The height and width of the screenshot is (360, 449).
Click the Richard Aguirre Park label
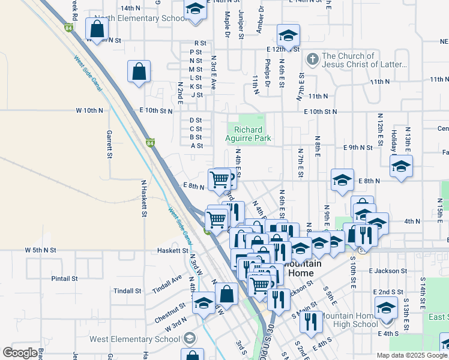pos(252,134)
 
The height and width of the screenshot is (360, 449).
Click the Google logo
pos(20,353)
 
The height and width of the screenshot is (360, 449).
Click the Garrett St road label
pos(110,145)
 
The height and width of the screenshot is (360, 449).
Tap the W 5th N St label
pos(40,250)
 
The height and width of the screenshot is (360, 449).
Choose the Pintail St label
pos(64,278)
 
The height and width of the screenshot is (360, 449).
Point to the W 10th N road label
pos(89,111)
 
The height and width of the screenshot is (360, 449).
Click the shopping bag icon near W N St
pos(97,28)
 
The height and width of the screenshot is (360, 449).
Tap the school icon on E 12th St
pos(288,34)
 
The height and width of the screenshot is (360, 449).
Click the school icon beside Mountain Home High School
pos(386,308)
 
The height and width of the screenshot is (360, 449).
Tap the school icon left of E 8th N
pos(342,179)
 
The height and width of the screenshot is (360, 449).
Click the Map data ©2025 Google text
pos(412,355)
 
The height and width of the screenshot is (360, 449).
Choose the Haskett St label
pos(172,250)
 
